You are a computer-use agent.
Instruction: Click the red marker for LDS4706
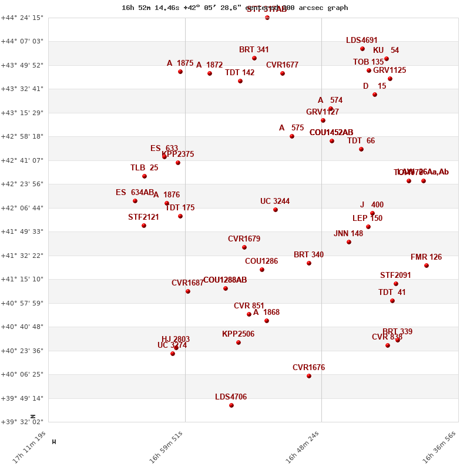231,405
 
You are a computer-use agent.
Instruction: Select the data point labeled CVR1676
309,376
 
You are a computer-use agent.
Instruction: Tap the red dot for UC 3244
276,210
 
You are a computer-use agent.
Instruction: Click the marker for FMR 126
427,266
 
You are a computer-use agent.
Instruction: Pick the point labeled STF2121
144,226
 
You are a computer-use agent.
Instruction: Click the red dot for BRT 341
254,58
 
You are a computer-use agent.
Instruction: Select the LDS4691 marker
362,49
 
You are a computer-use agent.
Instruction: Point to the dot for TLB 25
145,176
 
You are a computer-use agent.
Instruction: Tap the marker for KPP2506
239,343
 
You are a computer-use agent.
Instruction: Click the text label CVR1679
244,239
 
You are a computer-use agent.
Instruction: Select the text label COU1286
261,261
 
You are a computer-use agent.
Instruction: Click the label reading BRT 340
308,255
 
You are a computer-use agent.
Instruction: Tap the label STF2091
395,276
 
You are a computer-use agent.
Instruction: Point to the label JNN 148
348,234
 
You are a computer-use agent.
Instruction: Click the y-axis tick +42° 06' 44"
23,208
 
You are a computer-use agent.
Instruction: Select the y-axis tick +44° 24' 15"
23,18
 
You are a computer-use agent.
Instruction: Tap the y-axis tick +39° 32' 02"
23,422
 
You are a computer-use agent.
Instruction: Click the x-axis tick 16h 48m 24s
304,448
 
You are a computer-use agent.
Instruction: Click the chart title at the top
235,8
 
